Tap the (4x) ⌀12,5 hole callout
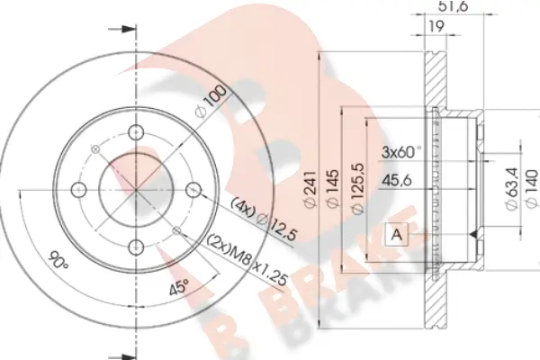264,219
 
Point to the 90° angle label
58,261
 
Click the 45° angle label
179,286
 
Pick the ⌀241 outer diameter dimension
310,189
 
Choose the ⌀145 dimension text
333,189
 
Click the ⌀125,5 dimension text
358,188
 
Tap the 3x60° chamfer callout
401,152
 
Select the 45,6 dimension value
397,180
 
